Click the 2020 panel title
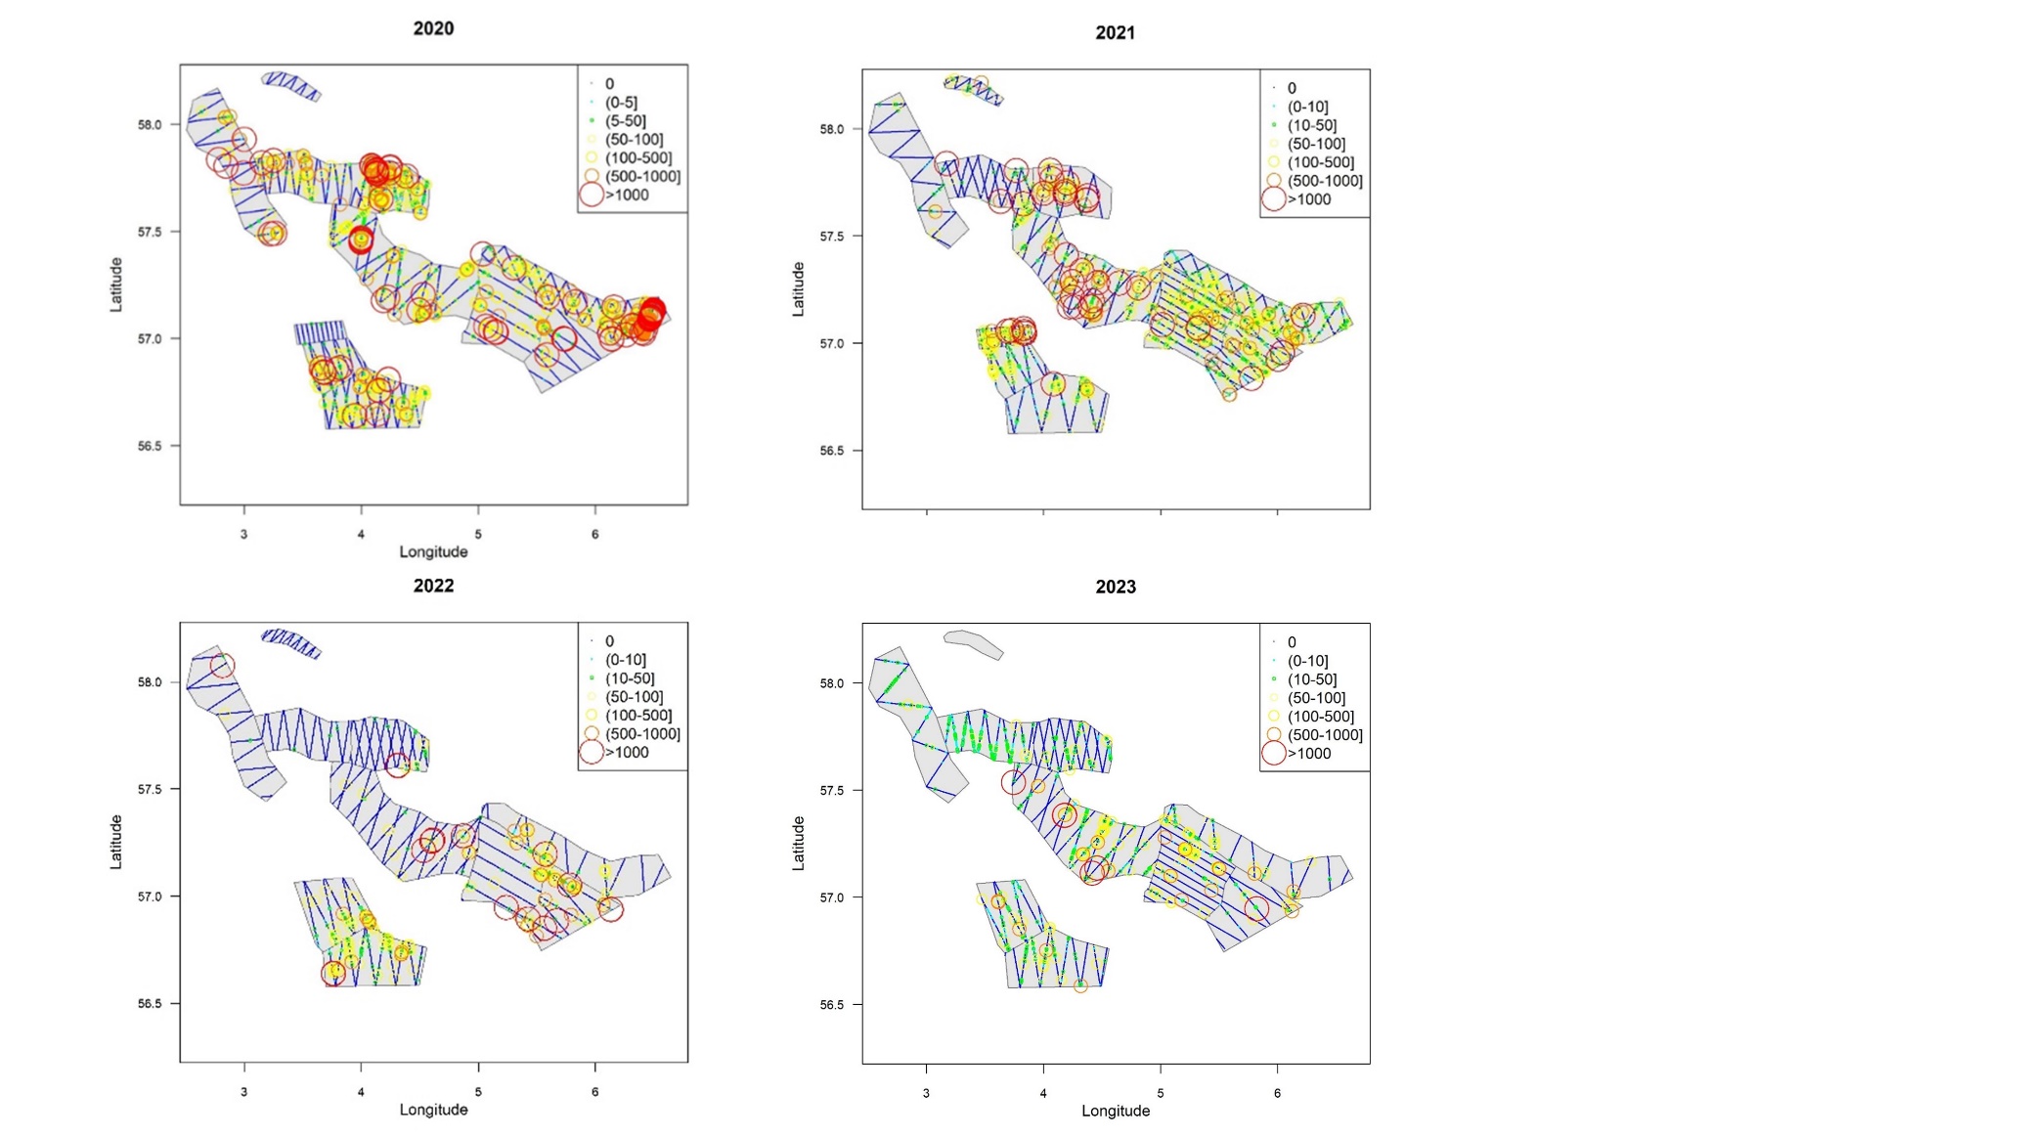pyautogui.click(x=433, y=28)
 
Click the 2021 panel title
pyautogui.click(x=1115, y=32)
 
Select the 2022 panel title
pyautogui.click(x=433, y=586)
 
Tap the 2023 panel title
pyautogui.click(x=1116, y=587)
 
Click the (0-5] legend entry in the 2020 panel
pyautogui.click(x=621, y=103)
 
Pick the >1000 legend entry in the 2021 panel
pyautogui.click(x=1309, y=199)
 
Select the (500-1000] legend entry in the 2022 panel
pyautogui.click(x=642, y=734)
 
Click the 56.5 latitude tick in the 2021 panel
pyautogui.click(x=832, y=451)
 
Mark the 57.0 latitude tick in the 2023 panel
pyautogui.click(x=832, y=897)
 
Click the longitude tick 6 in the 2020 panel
pyautogui.click(x=594, y=534)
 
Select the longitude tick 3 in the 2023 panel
pyautogui.click(x=926, y=1093)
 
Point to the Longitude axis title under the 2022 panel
pyautogui.click(x=433, y=1110)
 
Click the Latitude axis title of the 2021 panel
pyautogui.click(x=798, y=289)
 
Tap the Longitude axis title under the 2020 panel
pyautogui.click(x=433, y=552)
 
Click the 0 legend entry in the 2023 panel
pyautogui.click(x=1292, y=642)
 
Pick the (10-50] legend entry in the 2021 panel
pyautogui.click(x=1312, y=125)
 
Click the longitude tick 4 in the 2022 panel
pyautogui.click(x=361, y=1092)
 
